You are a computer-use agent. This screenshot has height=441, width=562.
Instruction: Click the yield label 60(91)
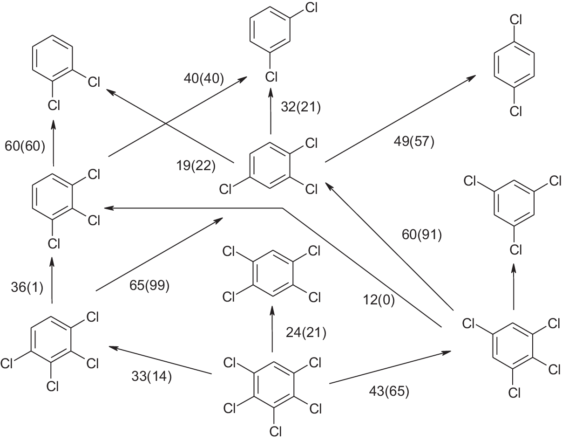tap(422, 235)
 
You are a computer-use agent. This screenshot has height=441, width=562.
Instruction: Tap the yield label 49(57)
tap(414, 141)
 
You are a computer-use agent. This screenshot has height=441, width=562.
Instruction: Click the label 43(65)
tap(389, 392)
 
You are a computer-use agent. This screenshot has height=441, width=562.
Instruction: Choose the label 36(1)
tap(27, 288)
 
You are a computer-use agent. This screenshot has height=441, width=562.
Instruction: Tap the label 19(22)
tap(196, 165)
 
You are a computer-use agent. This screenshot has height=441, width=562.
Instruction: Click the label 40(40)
tap(204, 78)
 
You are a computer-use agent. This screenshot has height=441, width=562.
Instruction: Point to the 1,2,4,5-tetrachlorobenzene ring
tap(273, 274)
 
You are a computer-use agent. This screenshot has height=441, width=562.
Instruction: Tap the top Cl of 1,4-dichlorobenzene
tap(515, 20)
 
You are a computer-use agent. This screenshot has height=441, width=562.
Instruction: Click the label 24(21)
tap(305, 332)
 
